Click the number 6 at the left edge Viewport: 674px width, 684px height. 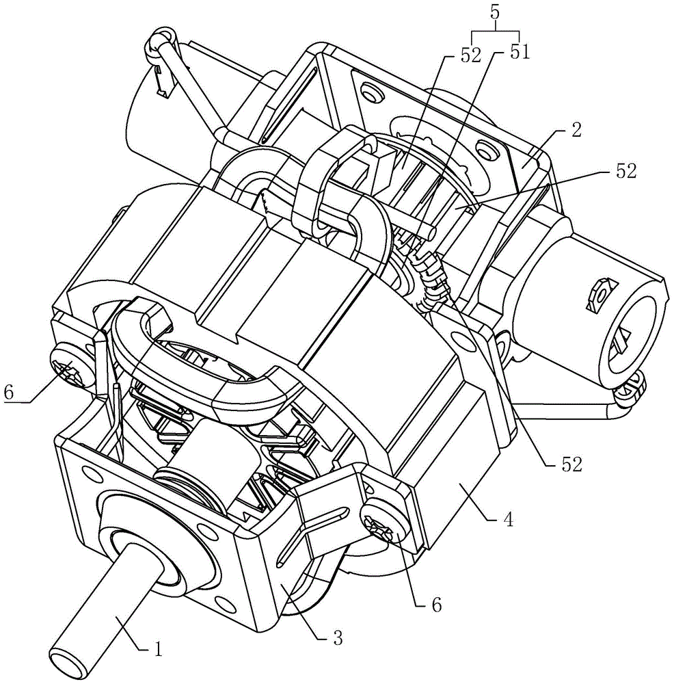pos(10,393)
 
